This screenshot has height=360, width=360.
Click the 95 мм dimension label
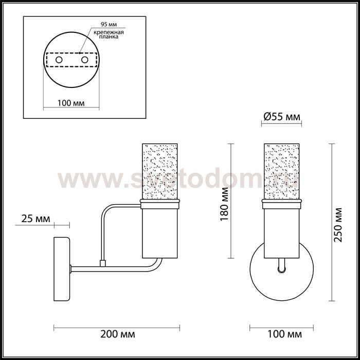109,24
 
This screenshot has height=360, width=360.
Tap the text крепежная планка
109,34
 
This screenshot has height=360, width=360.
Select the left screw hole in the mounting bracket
59,60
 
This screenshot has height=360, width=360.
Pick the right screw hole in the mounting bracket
85,60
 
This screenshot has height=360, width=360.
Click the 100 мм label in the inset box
71,103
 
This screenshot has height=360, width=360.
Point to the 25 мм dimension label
35,219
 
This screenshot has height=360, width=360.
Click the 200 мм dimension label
118,334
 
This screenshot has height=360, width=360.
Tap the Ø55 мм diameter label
282,117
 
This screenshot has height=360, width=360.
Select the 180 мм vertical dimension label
224,204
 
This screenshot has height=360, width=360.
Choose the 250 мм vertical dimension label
338,225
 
